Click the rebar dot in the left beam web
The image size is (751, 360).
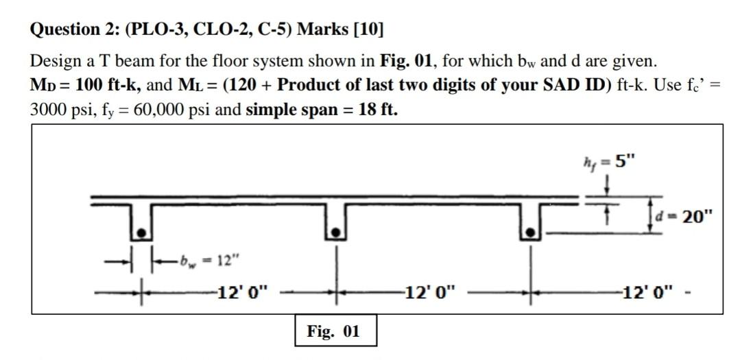point(140,233)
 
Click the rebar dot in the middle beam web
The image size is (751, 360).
point(335,233)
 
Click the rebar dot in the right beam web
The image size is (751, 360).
point(529,233)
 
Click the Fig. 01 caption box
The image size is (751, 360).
point(333,332)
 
